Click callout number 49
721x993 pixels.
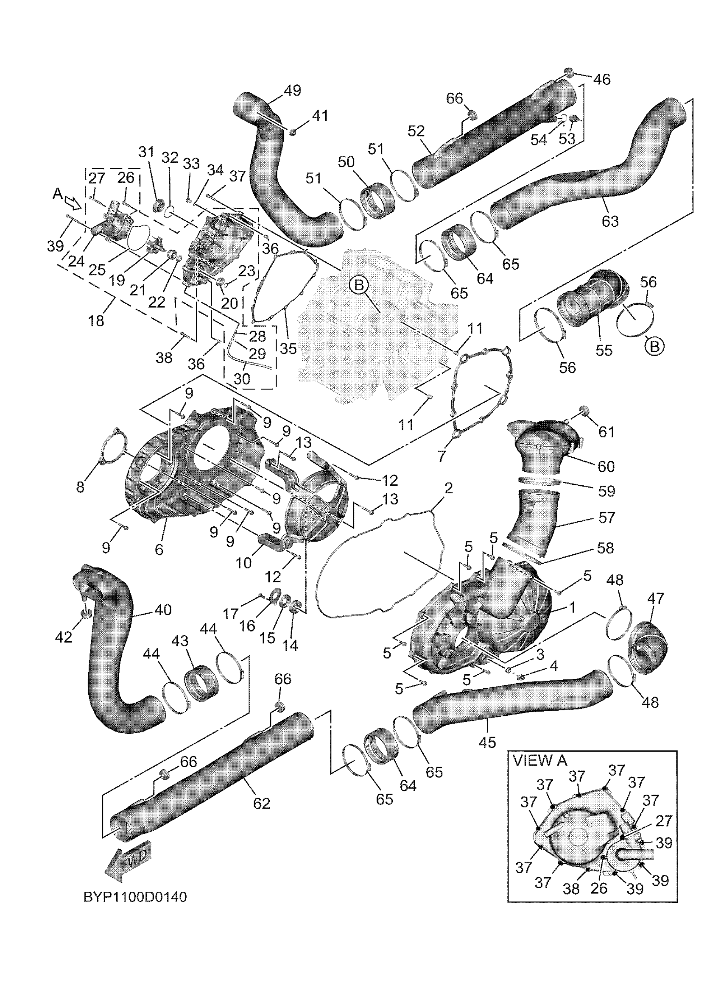[292, 90]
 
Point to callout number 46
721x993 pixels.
[601, 80]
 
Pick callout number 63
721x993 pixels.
[610, 221]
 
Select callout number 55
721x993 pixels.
[604, 350]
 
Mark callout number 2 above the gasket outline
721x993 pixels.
[449, 488]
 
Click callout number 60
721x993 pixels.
[606, 466]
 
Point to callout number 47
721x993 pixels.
[655, 598]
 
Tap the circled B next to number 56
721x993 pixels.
[654, 346]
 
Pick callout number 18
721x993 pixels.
[96, 320]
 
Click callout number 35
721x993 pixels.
[288, 348]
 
